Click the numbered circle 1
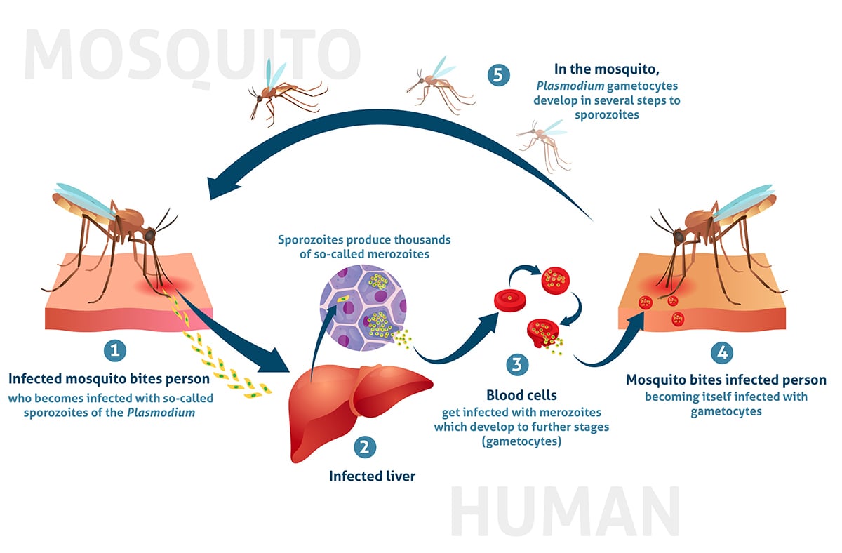[115, 350]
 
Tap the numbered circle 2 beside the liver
[365, 447]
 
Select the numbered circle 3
[517, 364]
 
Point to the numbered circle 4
[722, 352]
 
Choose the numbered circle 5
[498, 75]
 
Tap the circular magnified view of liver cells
[363, 308]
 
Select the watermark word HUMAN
[565, 512]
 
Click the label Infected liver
[372, 477]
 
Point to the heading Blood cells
[521, 395]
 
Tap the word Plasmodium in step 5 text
[570, 86]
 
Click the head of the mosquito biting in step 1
[149, 235]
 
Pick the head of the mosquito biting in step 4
[679, 236]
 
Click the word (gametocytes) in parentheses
[521, 441]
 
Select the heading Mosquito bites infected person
[726, 380]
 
